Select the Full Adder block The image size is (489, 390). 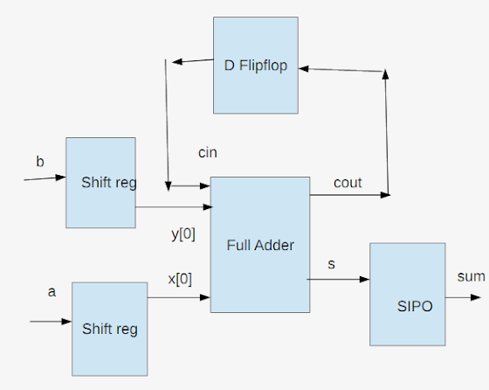(x=260, y=245)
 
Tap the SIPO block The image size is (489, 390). (x=407, y=294)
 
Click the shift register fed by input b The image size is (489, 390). (x=100, y=182)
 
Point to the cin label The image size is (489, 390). (x=208, y=153)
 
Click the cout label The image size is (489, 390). (x=348, y=183)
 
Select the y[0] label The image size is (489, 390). (x=183, y=233)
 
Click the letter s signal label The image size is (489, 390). (x=331, y=262)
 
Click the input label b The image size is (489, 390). (x=39, y=162)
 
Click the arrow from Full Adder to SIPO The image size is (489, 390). (x=340, y=280)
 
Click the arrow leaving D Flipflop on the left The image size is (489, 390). (x=192, y=61)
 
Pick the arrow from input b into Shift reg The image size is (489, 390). (x=44, y=178)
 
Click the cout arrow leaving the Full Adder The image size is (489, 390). (x=349, y=195)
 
